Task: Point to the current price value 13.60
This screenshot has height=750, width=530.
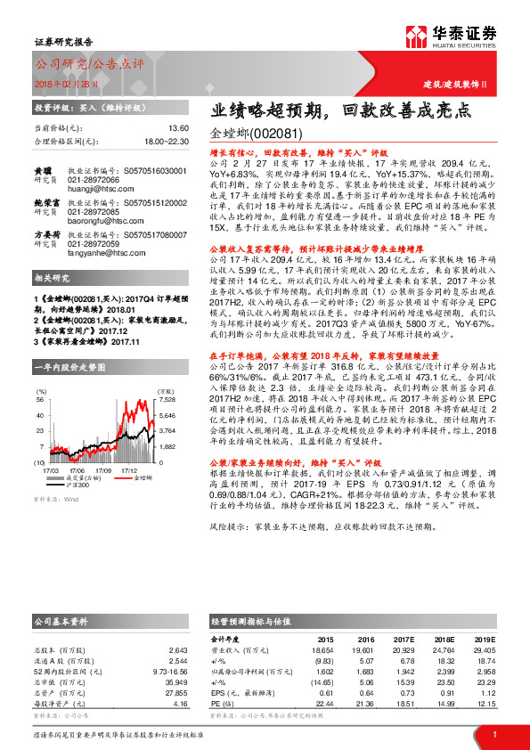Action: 177,128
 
